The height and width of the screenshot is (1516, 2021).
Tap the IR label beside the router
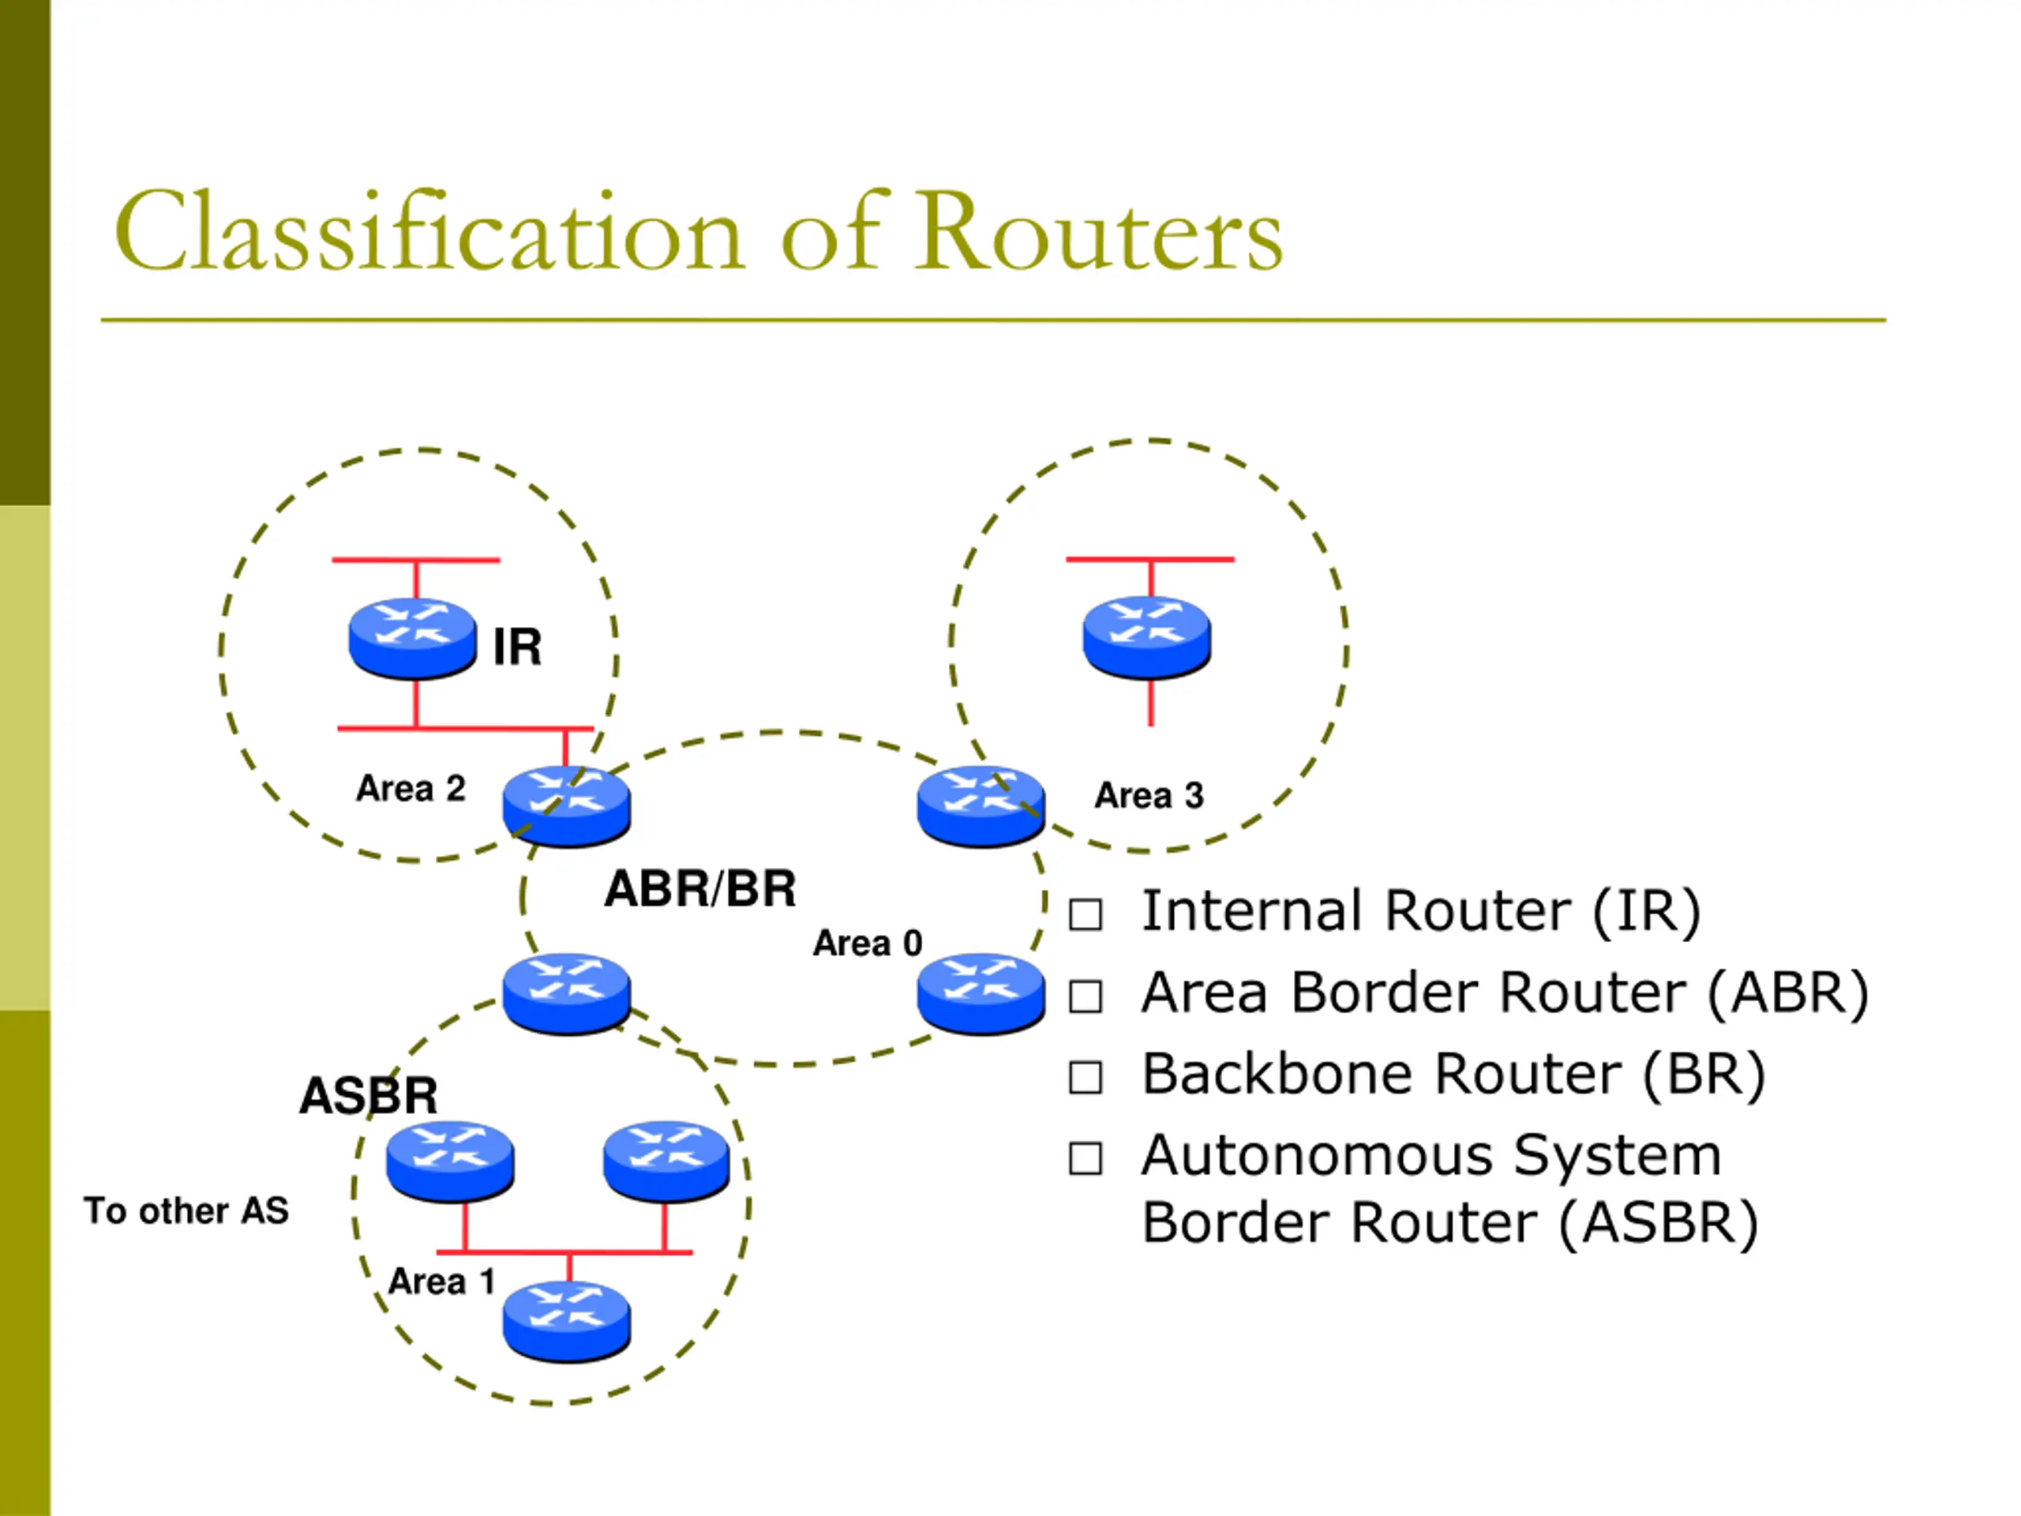click(517, 647)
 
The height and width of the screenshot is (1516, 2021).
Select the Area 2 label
click(411, 788)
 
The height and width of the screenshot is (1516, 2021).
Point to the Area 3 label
click(1149, 795)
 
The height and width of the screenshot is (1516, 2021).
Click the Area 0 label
click(867, 942)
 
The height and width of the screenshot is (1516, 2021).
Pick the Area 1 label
click(441, 1281)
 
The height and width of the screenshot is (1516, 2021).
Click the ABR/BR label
click(700, 888)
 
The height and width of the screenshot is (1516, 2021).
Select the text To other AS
click(186, 1210)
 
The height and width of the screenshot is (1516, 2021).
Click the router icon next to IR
click(413, 638)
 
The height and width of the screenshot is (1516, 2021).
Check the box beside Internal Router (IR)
click(1085, 914)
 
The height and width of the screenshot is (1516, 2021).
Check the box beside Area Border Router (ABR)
click(1085, 996)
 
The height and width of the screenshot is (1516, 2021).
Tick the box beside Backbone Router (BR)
click(1085, 1077)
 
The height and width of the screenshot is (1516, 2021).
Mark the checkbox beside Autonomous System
click(1085, 1158)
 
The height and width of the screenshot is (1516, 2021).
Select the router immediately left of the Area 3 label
click(981, 806)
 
